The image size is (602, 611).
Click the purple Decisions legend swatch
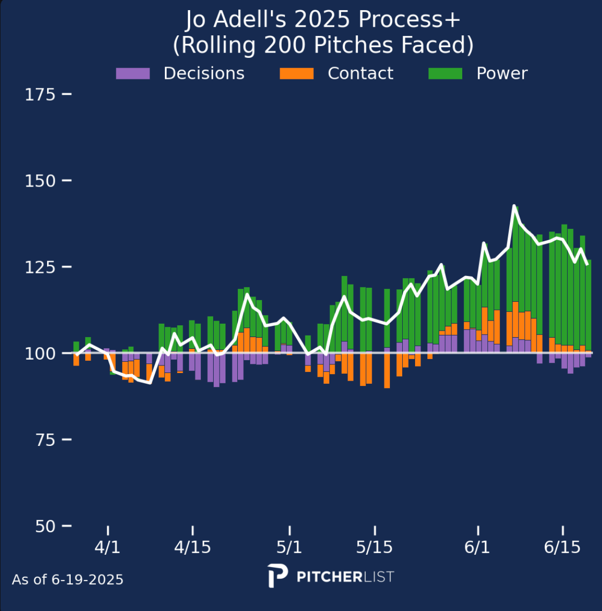coord(133,73)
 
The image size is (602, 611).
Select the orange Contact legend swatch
coord(297,73)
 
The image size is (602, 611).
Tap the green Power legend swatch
coord(445,73)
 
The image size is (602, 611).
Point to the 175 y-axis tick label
coord(40,94)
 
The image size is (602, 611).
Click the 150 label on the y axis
coord(40,181)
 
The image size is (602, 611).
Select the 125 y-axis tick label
coord(40,267)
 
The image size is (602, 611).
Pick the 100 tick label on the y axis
coord(40,353)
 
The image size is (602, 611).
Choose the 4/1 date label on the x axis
coord(108,547)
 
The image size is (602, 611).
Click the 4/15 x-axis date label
coord(192,547)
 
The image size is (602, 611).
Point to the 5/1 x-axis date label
coord(289,547)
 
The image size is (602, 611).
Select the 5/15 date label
coord(374,547)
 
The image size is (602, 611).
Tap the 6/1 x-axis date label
coord(477,547)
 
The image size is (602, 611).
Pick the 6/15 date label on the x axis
coord(562,547)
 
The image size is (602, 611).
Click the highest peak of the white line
coord(514,206)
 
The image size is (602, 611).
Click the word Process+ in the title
coord(409,20)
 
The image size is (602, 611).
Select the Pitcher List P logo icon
coord(278,576)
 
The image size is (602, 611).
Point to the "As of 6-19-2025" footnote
coord(67,579)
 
